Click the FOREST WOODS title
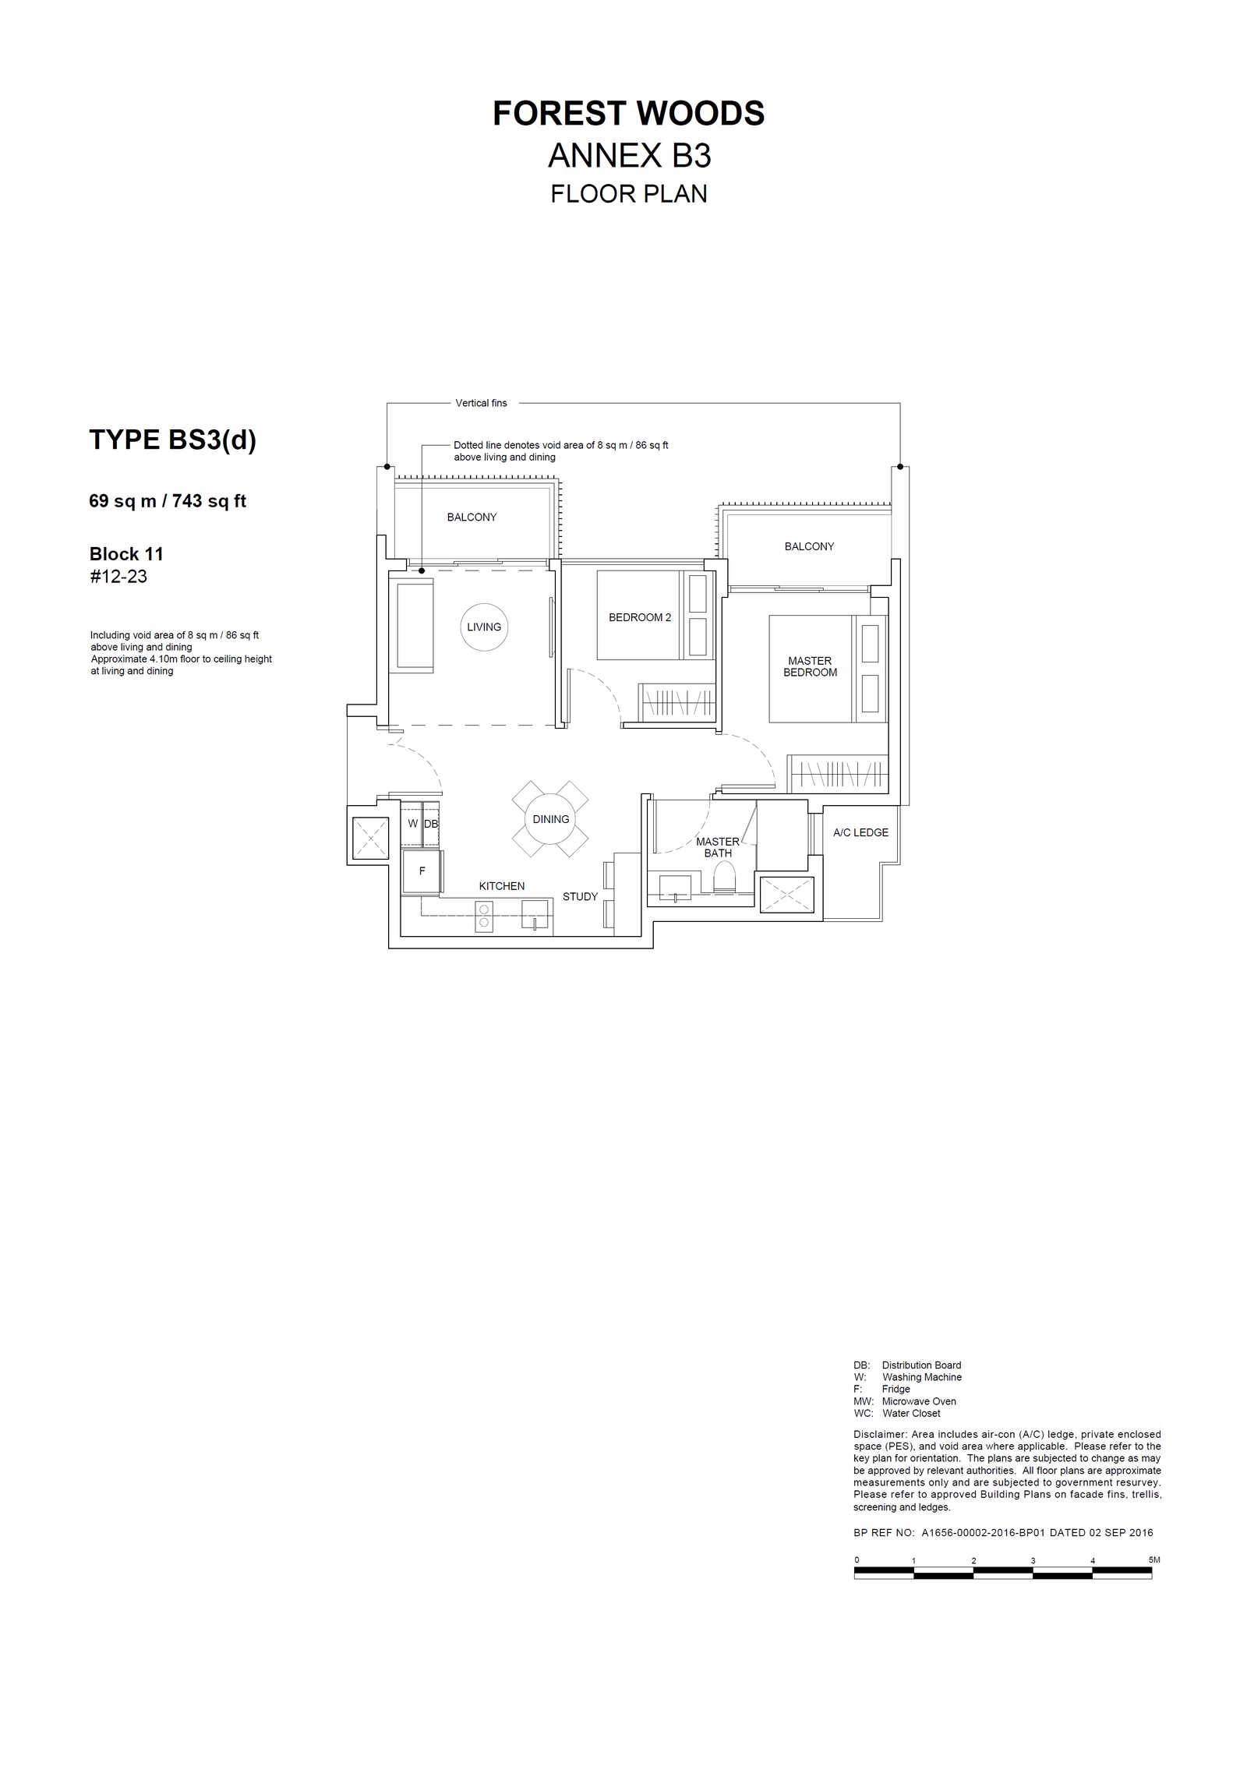click(628, 114)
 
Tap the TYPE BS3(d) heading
click(172, 440)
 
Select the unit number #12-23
click(118, 577)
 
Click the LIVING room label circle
click(484, 627)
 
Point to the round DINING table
click(550, 819)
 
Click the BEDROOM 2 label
click(640, 617)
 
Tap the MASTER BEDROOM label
click(810, 666)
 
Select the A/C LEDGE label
click(860, 832)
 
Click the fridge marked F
click(422, 871)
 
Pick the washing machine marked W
click(412, 824)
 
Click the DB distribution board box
click(431, 824)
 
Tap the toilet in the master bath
click(724, 877)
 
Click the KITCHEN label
click(502, 886)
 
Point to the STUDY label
click(580, 897)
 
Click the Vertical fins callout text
click(481, 403)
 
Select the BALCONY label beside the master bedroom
click(809, 546)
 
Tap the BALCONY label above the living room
click(472, 517)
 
